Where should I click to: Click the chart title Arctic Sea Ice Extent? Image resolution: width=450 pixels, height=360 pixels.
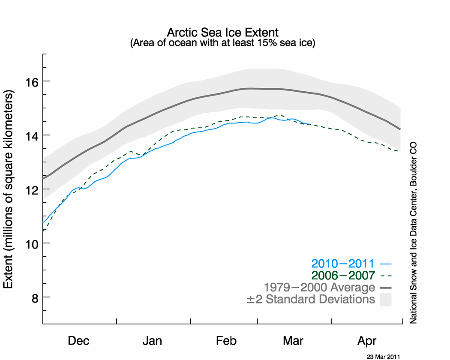click(x=222, y=33)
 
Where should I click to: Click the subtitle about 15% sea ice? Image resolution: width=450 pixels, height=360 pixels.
click(x=222, y=43)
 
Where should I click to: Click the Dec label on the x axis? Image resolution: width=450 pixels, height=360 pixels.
click(x=79, y=341)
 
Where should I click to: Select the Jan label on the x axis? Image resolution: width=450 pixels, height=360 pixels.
click(x=152, y=341)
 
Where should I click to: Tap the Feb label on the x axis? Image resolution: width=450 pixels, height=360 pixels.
click(x=226, y=341)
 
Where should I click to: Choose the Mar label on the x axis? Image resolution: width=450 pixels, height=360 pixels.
click(x=293, y=341)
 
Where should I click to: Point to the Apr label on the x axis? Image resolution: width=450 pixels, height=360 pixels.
click(x=367, y=341)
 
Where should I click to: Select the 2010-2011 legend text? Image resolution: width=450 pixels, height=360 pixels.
click(x=343, y=263)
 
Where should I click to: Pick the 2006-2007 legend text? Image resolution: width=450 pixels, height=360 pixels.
click(x=343, y=275)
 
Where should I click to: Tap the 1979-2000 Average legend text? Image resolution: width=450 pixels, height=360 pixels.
click(x=319, y=287)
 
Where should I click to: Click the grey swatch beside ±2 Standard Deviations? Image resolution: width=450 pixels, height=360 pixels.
click(x=385, y=299)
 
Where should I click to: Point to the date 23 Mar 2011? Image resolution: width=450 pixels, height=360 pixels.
click(x=383, y=356)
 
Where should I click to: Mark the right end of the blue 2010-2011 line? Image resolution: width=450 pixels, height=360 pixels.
click(x=311, y=124)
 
